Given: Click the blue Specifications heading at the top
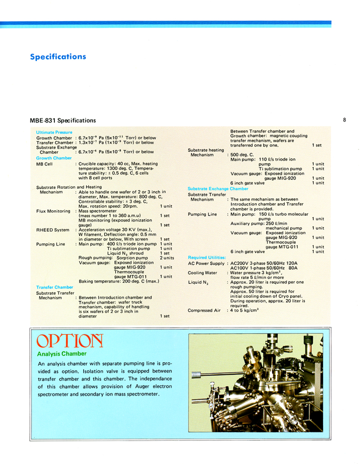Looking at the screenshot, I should tap(58, 57).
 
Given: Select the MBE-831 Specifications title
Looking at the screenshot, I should tap(63, 120).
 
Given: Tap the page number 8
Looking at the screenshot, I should tap(344, 120).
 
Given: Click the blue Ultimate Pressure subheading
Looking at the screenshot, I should tap(54, 132).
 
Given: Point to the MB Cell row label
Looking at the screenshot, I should tap(45, 164).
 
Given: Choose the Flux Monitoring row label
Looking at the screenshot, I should tap(53, 211).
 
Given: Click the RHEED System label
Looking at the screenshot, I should tap(53, 230).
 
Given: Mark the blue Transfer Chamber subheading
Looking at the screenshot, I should tap(54, 287).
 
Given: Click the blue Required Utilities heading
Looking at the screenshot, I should tap(207, 257).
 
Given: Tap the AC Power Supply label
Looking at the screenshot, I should tap(207, 263).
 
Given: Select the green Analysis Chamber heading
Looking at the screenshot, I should tap(62, 354).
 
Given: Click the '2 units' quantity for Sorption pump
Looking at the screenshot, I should tap(166, 258).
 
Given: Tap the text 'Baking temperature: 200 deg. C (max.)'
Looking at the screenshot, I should tap(119, 281).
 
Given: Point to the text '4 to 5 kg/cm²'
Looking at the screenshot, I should tap(245, 310).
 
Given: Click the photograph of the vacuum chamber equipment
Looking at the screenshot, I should tap(256, 382).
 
